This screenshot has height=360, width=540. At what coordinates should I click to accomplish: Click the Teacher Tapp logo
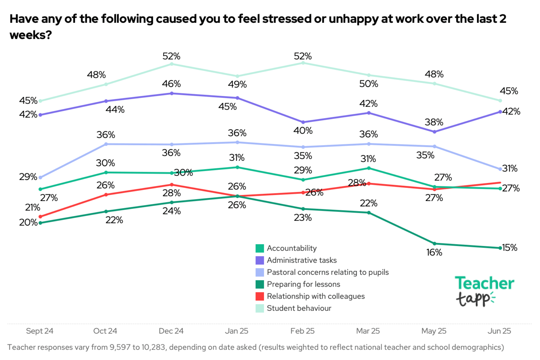coord(484,291)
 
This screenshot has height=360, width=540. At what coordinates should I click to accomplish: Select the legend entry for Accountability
coord(291,248)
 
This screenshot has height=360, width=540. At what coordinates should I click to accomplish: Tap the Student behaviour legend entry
coord(299,308)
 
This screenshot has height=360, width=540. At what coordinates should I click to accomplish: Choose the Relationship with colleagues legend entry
coord(315,296)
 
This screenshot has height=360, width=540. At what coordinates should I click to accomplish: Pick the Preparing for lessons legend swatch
coord(259,284)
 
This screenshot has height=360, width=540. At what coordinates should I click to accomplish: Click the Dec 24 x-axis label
coord(171,331)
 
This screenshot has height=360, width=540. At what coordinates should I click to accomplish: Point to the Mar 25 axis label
coord(368,331)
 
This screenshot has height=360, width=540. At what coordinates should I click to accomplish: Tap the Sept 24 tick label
coord(40,331)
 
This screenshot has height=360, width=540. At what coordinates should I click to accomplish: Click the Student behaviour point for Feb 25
coord(303,63)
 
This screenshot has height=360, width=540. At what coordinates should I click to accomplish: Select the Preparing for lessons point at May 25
coord(435,244)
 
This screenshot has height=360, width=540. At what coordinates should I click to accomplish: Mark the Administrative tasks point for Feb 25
coord(303,122)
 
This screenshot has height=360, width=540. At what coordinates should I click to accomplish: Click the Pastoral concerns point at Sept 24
coord(40,178)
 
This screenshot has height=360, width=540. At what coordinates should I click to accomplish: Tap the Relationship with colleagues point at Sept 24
coord(40,217)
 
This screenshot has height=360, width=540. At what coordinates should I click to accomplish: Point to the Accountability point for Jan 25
coord(237,167)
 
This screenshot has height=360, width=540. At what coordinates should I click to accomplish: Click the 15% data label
coord(510,247)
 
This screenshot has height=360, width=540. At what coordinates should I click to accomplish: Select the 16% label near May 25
coord(434,253)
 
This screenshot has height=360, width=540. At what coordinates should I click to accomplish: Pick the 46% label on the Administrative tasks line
coord(171,84)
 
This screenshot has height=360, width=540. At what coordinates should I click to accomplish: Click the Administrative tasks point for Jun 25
coord(500,112)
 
